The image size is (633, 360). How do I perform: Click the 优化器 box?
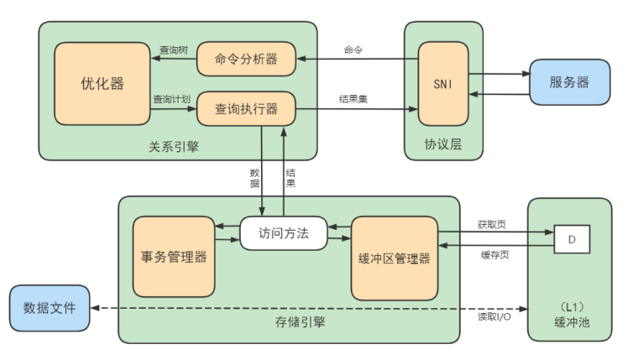pyautogui.click(x=102, y=83)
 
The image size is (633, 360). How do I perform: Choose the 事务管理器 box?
pyautogui.click(x=174, y=257)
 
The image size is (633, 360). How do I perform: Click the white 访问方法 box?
pyautogui.click(x=283, y=233)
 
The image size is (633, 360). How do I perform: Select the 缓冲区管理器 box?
pyautogui.click(x=394, y=258)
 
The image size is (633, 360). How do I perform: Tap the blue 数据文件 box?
pyautogui.click(x=50, y=308)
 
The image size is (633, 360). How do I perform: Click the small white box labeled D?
pyautogui.click(x=572, y=240)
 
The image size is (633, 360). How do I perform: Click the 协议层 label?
pyautogui.click(x=444, y=145)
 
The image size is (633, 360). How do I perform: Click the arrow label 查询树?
pyautogui.click(x=174, y=50)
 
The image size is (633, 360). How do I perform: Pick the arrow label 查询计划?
pyautogui.click(x=172, y=99)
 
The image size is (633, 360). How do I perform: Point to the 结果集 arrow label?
pyautogui.click(x=353, y=99)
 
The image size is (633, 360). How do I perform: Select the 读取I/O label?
pyautogui.click(x=494, y=318)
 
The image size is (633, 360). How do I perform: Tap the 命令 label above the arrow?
pyautogui.click(x=353, y=50)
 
